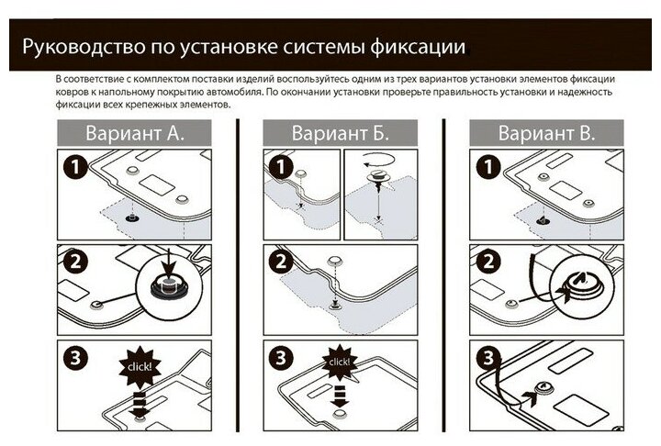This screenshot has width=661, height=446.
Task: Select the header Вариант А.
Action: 135,133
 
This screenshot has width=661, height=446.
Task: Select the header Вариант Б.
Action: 341,133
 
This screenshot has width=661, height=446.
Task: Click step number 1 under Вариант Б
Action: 277,167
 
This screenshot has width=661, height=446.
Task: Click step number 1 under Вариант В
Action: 483,167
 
